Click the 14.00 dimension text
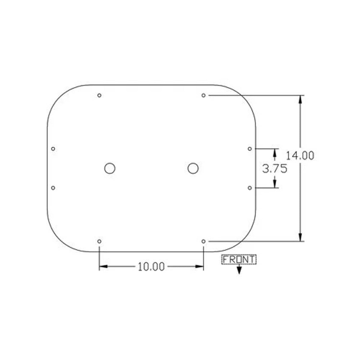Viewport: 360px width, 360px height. [x=300, y=156]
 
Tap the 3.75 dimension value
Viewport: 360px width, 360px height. [x=274, y=169]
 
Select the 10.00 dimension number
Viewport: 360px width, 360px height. [x=151, y=267]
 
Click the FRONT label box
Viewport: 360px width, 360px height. [x=239, y=259]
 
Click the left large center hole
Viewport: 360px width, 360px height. [x=110, y=168]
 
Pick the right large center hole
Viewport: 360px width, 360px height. [x=193, y=168]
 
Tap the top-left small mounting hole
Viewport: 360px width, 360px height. [x=99, y=95]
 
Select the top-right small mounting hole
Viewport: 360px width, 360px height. [x=203, y=95]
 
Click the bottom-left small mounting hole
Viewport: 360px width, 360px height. [x=99, y=241]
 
